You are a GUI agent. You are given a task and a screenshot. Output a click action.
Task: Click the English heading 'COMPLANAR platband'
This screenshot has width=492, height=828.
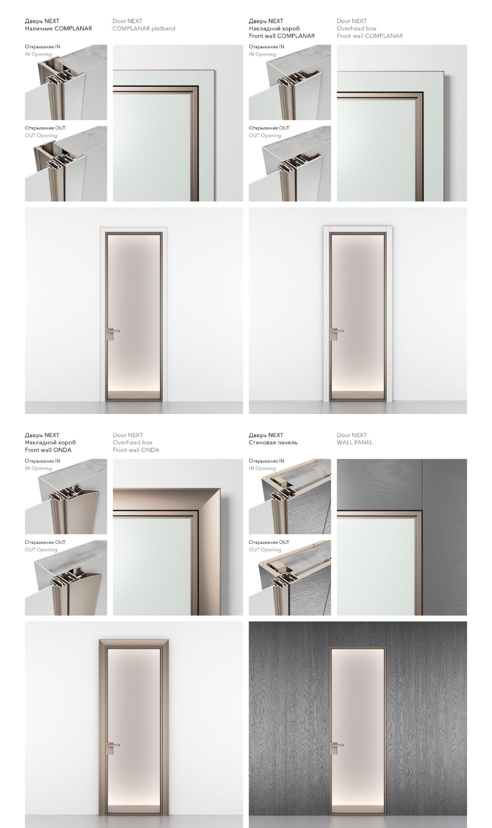144,28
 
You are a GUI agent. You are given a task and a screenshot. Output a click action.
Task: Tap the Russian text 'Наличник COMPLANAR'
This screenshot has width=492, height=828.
59,28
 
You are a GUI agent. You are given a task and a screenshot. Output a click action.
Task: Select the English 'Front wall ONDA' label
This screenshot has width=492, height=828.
136,450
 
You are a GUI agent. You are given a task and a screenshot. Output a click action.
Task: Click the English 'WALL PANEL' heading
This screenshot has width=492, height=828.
355,442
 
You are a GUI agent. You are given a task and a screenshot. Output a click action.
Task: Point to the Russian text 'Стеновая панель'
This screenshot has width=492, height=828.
273,442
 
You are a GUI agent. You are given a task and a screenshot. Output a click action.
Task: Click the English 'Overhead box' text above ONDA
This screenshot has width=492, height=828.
133,442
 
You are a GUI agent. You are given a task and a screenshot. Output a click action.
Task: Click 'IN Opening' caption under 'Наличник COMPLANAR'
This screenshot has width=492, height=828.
38,54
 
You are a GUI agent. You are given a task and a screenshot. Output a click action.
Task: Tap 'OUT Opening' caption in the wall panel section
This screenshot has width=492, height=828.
265,550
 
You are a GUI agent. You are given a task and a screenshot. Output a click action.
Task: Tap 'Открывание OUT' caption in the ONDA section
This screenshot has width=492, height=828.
45,542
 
